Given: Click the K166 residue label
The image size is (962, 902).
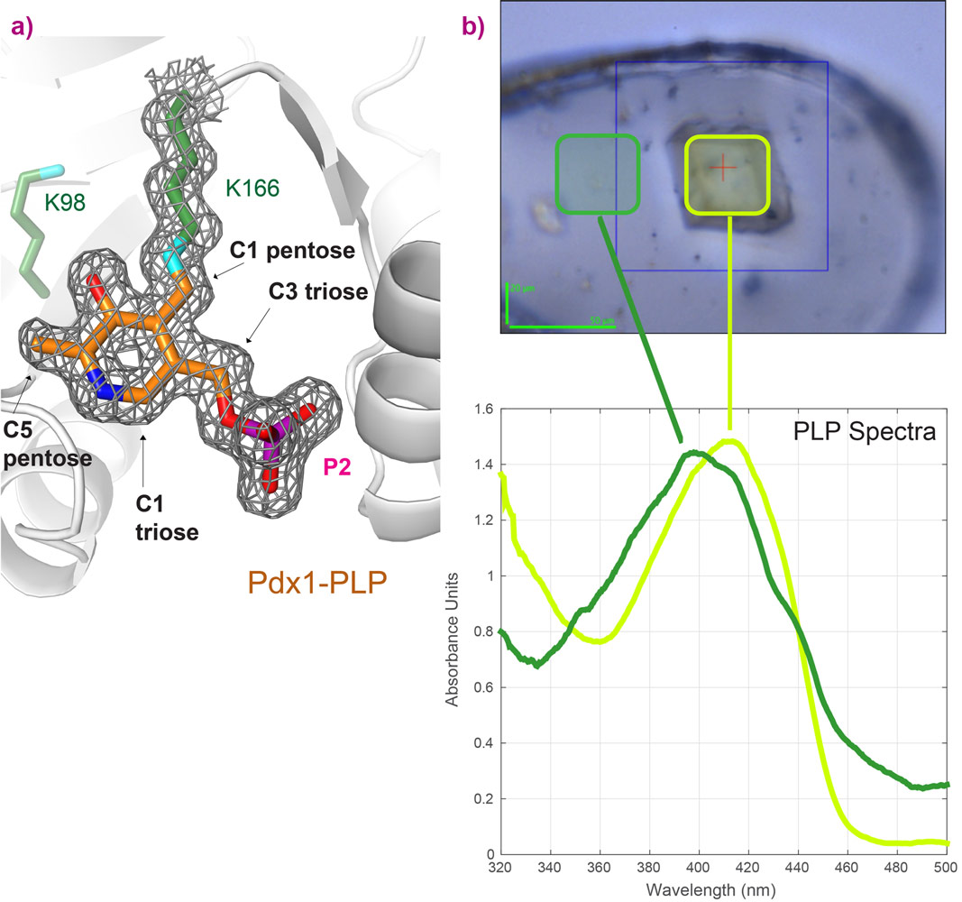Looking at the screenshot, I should pyautogui.click(x=252, y=188).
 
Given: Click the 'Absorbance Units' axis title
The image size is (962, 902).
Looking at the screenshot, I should pyautogui.click(x=457, y=631).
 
